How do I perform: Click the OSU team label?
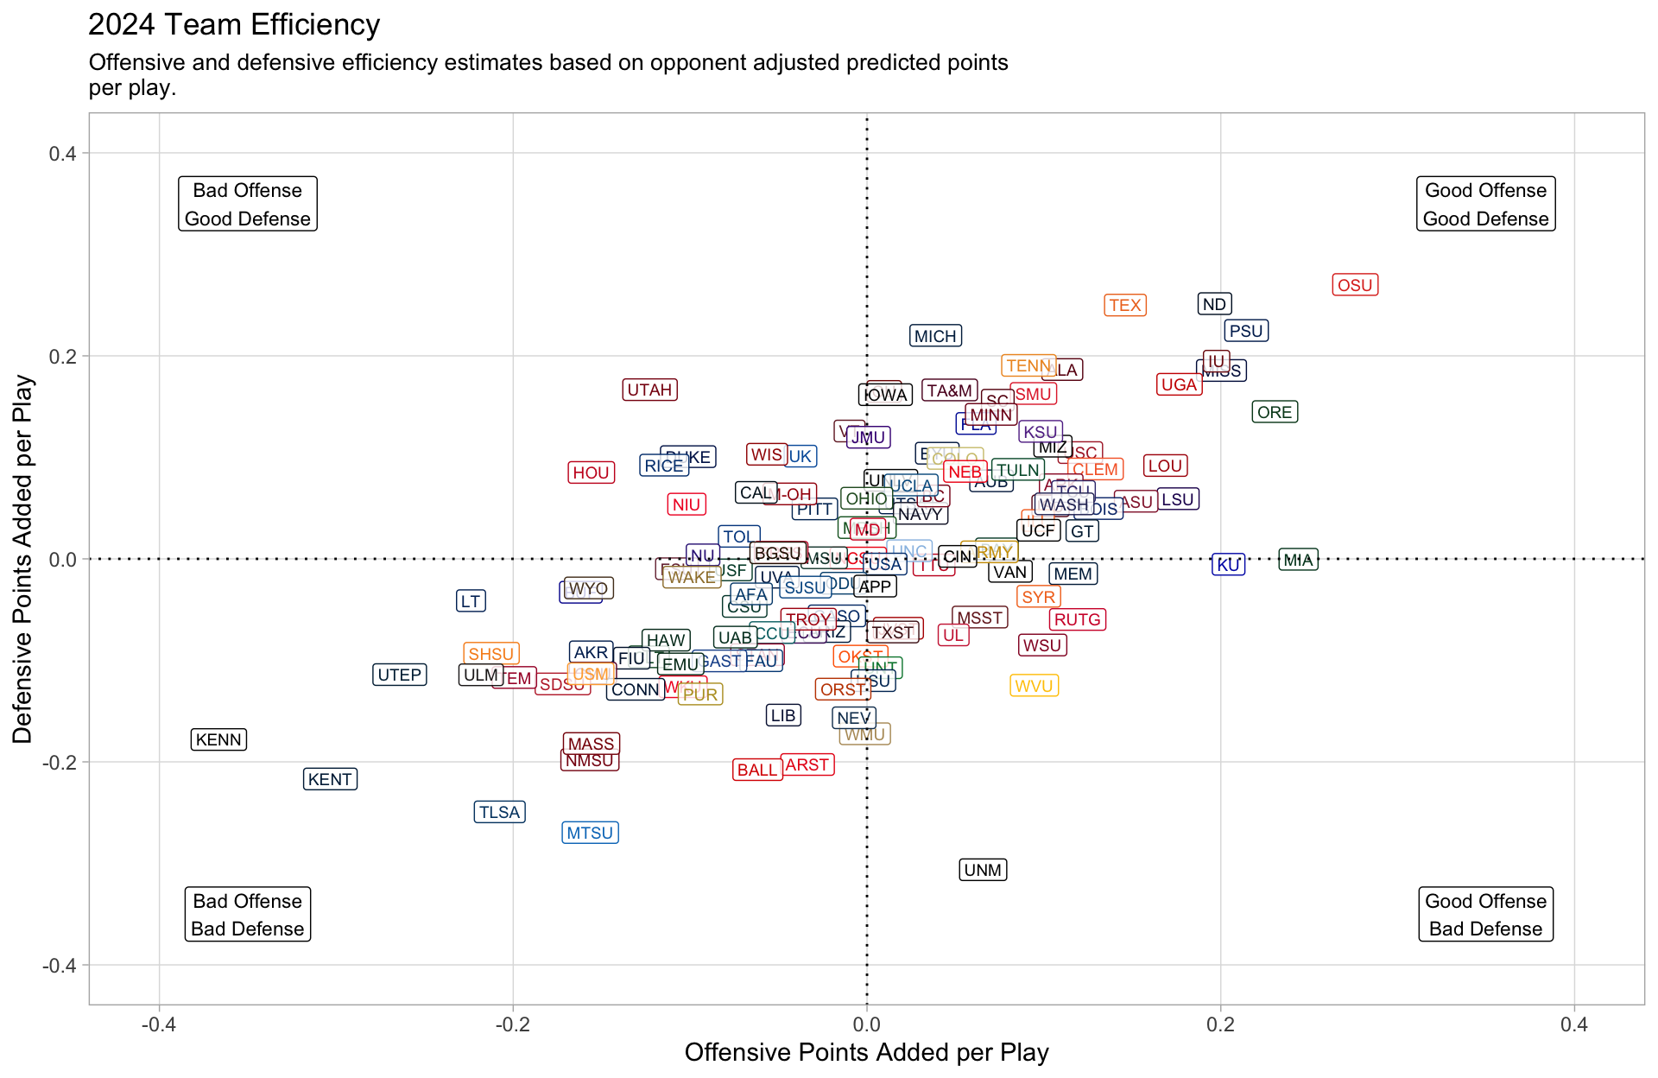pyautogui.click(x=1355, y=285)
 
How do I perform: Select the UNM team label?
pyautogui.click(x=983, y=870)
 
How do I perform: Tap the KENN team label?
pyautogui.click(x=218, y=739)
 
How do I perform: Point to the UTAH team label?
pyautogui.click(x=649, y=390)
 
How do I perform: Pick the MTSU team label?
pyautogui.click(x=590, y=833)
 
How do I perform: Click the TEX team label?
pyautogui.click(x=1125, y=305)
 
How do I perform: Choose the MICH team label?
pyautogui.click(x=935, y=336)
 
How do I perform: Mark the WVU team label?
pyautogui.click(x=1034, y=686)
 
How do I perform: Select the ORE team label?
pyautogui.click(x=1275, y=412)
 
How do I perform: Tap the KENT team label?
pyautogui.click(x=330, y=779)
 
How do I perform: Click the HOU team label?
pyautogui.click(x=592, y=472)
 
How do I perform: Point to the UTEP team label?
pyautogui.click(x=400, y=675)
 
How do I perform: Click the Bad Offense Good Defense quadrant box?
pyautogui.click(x=248, y=204)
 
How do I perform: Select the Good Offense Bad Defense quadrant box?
pyautogui.click(x=1485, y=914)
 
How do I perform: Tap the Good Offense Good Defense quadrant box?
pyautogui.click(x=1485, y=204)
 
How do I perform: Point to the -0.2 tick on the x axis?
pyautogui.click(x=512, y=1024)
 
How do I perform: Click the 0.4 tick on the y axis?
pyautogui.click(x=62, y=154)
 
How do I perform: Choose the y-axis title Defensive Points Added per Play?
pyautogui.click(x=22, y=559)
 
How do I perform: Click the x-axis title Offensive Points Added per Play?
pyautogui.click(x=866, y=1052)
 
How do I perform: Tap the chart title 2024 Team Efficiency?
pyautogui.click(x=234, y=24)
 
